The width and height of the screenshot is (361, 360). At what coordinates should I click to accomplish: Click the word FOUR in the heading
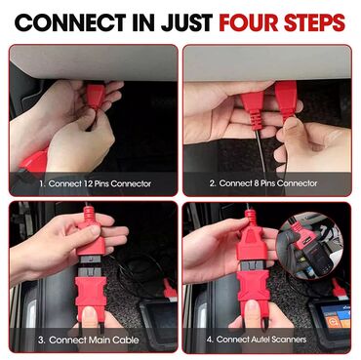(249, 22)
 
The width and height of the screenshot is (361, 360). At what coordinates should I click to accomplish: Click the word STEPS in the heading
(314, 22)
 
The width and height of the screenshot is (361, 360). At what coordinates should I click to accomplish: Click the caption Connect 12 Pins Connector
(95, 183)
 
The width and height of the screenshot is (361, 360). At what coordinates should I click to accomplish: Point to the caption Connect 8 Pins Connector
(263, 183)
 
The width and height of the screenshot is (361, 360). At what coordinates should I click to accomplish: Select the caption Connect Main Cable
(89, 340)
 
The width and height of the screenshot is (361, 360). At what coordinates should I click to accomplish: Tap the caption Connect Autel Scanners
(257, 340)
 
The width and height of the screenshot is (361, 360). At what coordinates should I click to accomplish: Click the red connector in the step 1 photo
(95, 96)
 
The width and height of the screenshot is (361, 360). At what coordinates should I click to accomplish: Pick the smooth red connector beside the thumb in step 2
(286, 100)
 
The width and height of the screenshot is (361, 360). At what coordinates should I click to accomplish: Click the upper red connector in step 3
(90, 231)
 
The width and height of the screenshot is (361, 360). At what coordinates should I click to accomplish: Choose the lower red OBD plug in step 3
(91, 292)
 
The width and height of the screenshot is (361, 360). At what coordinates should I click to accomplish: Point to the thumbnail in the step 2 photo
(291, 128)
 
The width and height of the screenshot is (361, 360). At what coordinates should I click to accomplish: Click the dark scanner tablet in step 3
(159, 315)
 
